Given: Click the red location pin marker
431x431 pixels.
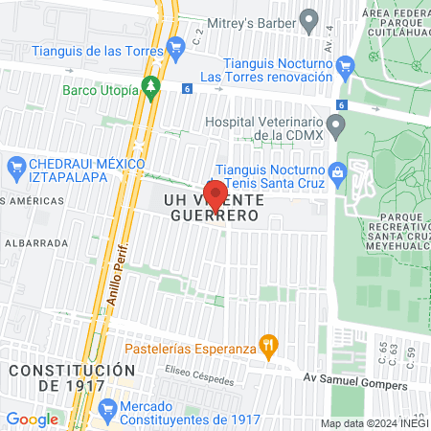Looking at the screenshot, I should coord(215,195).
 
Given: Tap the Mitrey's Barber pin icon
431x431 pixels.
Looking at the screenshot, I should coord(308,18).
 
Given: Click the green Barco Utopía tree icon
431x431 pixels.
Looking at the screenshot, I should coord(150,87).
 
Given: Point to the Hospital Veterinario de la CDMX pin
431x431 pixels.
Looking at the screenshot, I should coord(335,125).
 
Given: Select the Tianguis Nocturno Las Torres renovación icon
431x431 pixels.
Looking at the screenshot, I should coord(348,64).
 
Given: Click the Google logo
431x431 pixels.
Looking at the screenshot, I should coord(32,419).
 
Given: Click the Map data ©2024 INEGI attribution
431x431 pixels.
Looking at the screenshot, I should coord(373,423).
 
